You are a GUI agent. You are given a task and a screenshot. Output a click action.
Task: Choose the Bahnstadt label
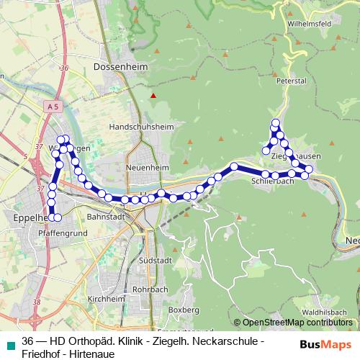coord(106,216)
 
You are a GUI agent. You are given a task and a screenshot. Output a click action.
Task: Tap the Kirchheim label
coord(106,299)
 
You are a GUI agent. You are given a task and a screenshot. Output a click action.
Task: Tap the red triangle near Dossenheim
coord(153,95)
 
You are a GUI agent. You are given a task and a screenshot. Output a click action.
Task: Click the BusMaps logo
coord(325,345)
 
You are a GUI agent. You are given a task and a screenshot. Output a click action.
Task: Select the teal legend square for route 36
coord(9,346)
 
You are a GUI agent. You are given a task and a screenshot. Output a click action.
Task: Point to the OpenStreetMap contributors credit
coord(293,323)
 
